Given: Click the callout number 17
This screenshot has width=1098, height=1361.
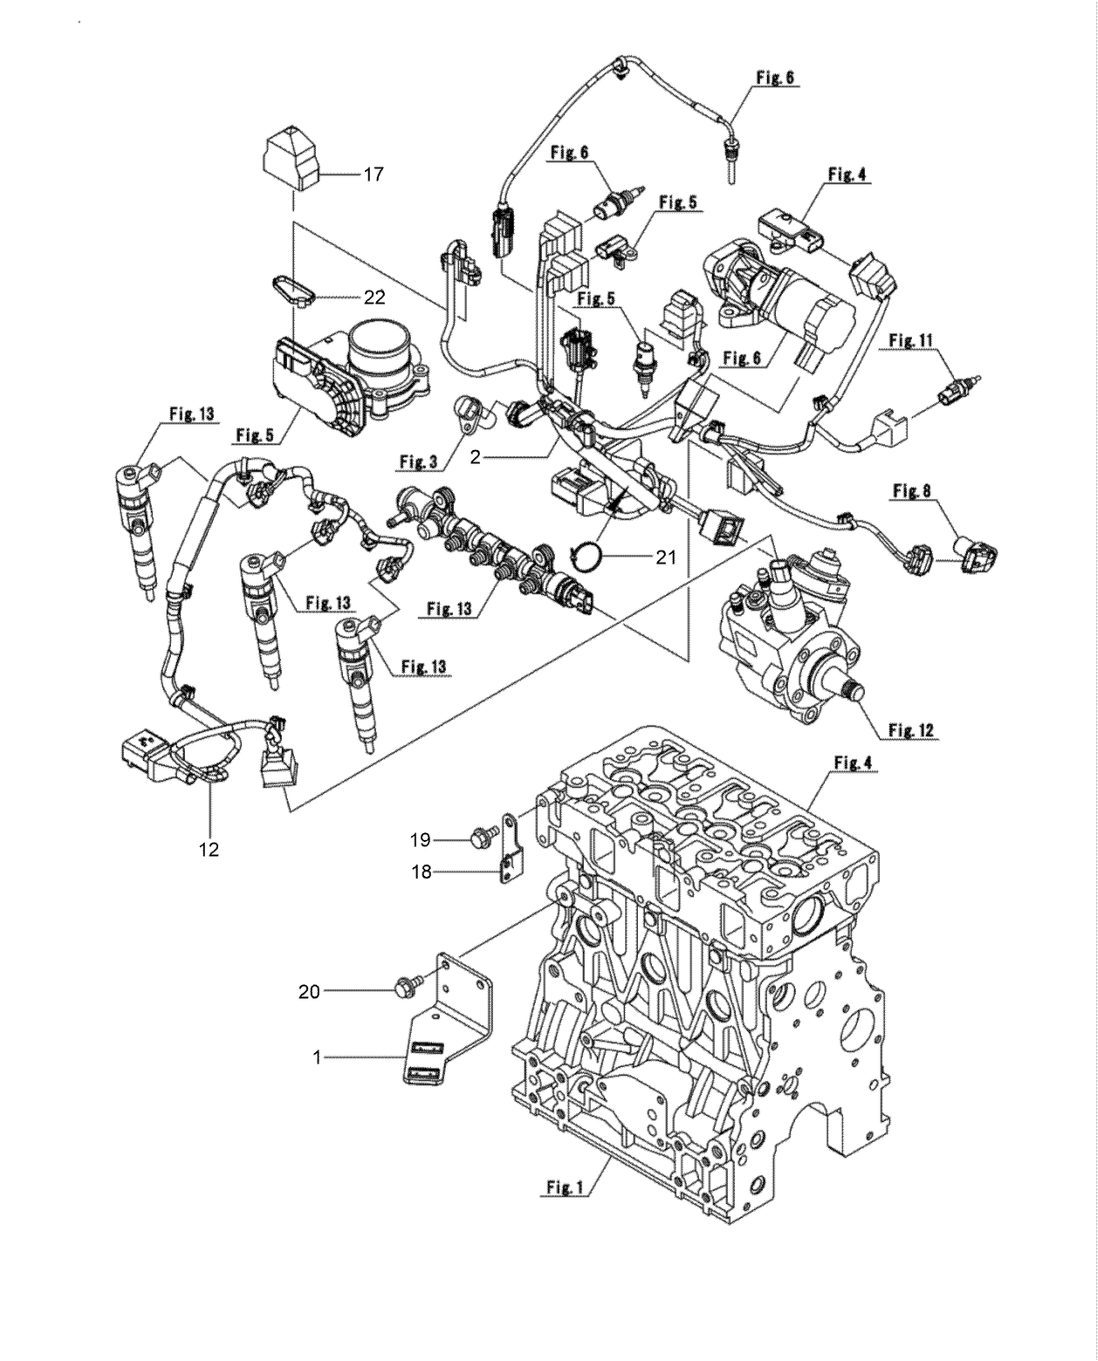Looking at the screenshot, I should click(373, 174).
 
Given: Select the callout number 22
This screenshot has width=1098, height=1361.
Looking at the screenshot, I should click(374, 298).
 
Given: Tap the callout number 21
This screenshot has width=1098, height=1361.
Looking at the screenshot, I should click(666, 557).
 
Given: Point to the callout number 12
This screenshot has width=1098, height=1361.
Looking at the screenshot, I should click(209, 848).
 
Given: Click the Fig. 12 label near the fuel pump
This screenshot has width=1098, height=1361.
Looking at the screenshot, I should click(912, 729).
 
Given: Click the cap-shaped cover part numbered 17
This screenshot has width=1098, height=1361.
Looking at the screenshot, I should click(292, 158).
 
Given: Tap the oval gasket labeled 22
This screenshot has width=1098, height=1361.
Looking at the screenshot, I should click(293, 289).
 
